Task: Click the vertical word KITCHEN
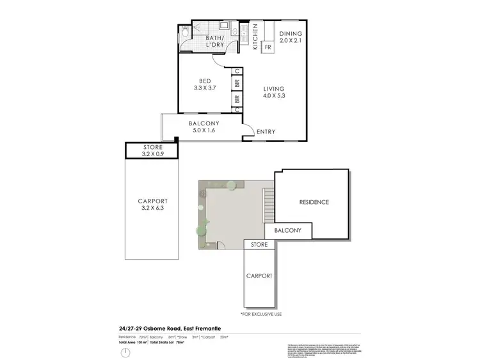pos(255,36)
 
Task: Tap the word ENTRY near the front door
pos(266,132)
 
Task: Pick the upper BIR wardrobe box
pos(237,82)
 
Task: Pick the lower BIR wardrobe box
pos(237,98)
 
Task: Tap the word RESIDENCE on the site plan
pos(314,202)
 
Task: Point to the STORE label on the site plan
pos(259,244)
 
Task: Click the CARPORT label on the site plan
pos(259,276)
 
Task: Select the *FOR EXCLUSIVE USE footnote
pos(261,315)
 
